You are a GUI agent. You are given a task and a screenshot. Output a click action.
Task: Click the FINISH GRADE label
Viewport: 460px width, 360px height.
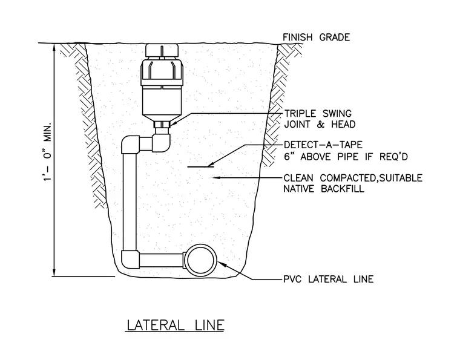(x=316, y=38)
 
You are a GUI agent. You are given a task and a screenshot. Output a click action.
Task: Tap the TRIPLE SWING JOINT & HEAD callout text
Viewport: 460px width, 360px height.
(x=320, y=119)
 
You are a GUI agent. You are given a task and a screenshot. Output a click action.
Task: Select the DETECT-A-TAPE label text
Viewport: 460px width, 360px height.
(x=323, y=145)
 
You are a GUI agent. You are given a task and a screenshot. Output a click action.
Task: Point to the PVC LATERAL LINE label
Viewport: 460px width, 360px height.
(x=328, y=279)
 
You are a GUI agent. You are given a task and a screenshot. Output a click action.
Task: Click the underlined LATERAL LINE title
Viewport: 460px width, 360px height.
(x=176, y=325)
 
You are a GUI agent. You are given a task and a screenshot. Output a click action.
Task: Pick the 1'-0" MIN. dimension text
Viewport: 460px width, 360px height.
(x=48, y=152)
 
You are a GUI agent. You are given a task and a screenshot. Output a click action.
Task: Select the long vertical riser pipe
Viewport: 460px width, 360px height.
(x=130, y=202)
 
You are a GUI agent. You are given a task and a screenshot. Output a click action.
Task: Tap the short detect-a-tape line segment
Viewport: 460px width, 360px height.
(x=201, y=167)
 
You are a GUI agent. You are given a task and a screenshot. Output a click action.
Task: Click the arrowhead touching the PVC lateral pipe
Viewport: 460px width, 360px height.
(x=221, y=264)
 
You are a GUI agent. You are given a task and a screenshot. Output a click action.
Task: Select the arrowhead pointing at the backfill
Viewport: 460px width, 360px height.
(x=217, y=177)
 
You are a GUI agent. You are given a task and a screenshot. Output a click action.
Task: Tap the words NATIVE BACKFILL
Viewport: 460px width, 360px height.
(x=324, y=189)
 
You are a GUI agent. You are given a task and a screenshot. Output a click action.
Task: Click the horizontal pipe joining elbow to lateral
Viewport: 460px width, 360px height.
(x=162, y=260)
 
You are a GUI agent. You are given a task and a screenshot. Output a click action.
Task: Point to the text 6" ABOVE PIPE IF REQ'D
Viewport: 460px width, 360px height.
(x=346, y=157)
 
